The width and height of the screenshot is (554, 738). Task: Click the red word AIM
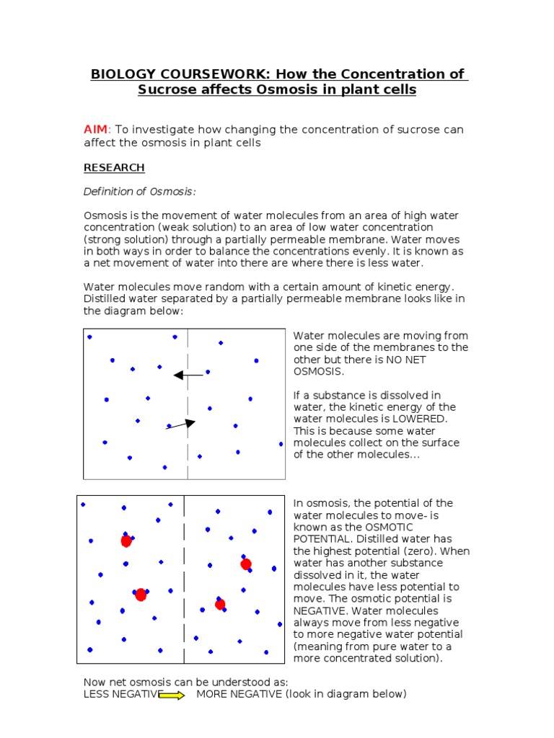(x=95, y=130)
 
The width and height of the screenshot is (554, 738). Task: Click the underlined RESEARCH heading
(x=114, y=168)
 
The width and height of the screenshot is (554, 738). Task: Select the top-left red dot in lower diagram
(x=126, y=541)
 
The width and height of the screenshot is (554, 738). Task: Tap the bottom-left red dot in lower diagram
(x=141, y=595)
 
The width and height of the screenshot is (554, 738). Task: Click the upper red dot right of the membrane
(x=246, y=564)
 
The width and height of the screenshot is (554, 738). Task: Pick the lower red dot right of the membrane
(x=220, y=604)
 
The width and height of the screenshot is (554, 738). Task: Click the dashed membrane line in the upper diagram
(x=188, y=404)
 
